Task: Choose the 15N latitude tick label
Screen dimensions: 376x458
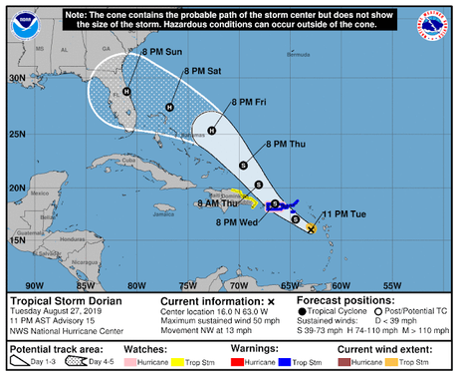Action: tap(17, 239)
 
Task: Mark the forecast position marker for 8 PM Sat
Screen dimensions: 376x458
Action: tap(169, 108)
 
